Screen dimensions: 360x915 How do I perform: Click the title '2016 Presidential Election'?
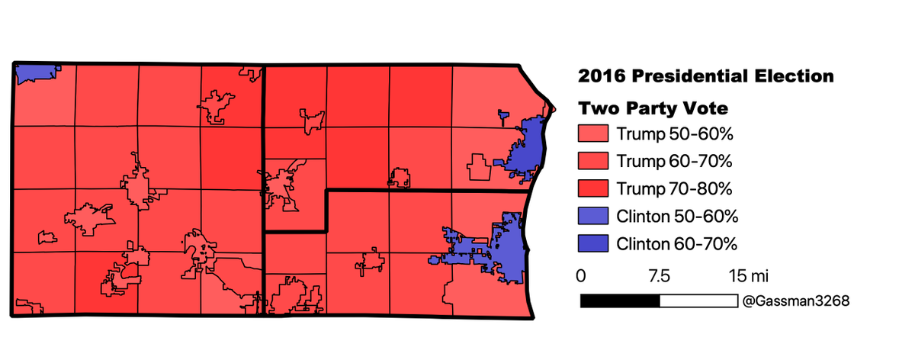pyautogui.click(x=705, y=76)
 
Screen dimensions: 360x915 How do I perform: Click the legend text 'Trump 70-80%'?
pyautogui.click(x=674, y=189)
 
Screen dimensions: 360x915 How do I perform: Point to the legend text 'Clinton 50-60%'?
pyautogui.click(x=677, y=217)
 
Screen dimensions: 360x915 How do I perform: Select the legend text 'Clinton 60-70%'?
pyautogui.click(x=677, y=244)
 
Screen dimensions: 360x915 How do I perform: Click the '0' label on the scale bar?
pyautogui.click(x=581, y=275)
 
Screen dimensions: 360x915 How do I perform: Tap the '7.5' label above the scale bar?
pyautogui.click(x=659, y=275)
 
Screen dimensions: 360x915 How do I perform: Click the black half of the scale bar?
pyautogui.click(x=620, y=301)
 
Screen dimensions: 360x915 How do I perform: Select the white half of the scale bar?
pyautogui.click(x=698, y=301)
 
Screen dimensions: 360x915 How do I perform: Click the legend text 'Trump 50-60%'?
pyautogui.click(x=674, y=134)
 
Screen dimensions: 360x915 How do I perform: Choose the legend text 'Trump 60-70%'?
pyautogui.click(x=674, y=162)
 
